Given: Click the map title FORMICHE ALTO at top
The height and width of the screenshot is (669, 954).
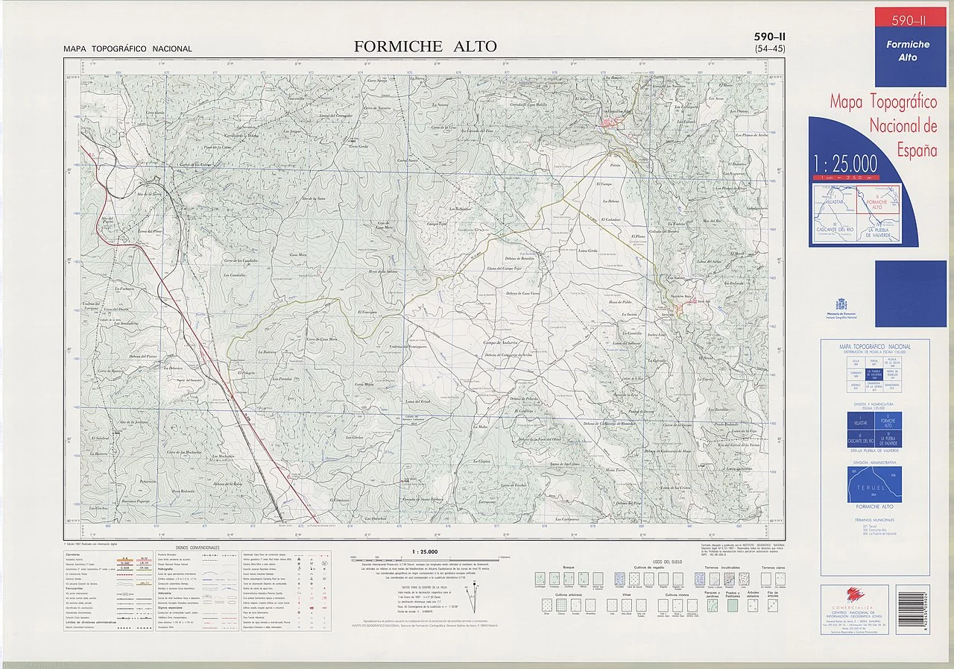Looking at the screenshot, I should pos(425,46).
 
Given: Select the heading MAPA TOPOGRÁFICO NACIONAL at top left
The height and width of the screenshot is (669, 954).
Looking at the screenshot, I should pos(127,49).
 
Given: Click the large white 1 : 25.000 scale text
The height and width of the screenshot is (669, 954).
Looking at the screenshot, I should pos(845,163).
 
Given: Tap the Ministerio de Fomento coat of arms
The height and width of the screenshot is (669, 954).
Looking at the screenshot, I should pos(841,304).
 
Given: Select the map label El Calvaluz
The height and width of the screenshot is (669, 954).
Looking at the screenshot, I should pos(610,219).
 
